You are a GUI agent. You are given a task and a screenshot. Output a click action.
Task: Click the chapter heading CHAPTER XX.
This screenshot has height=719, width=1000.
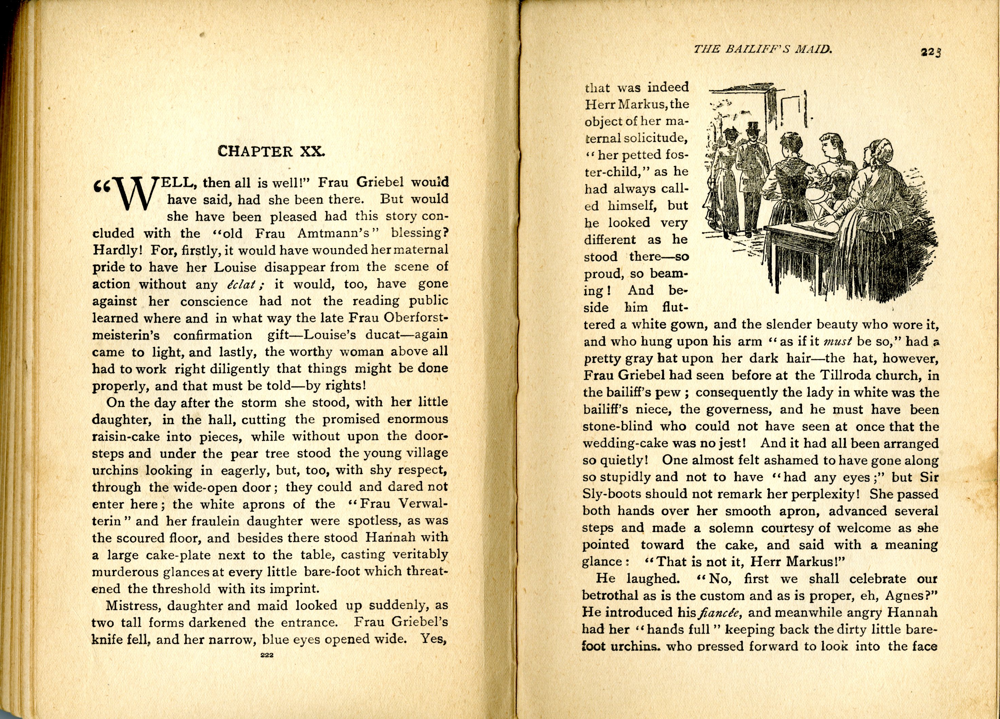(271, 152)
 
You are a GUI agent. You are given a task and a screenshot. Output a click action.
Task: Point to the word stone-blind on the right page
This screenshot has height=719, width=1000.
(618, 427)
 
